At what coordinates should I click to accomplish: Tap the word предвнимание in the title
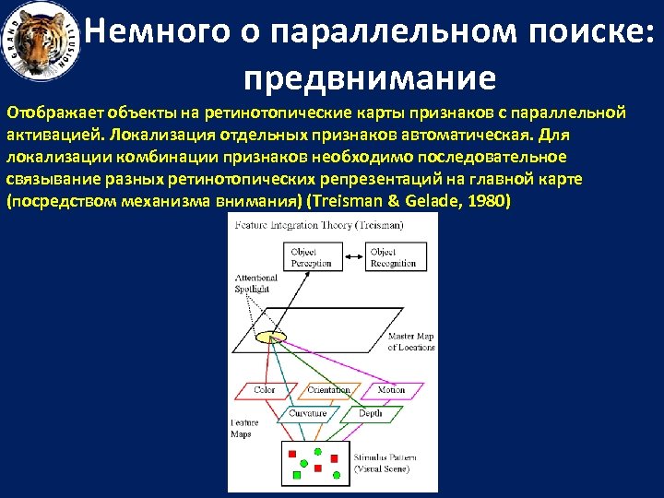[371, 77]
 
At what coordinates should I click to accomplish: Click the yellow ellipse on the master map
[267, 337]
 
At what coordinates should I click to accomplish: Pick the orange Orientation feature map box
[328, 390]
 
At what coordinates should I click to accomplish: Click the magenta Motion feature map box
[391, 390]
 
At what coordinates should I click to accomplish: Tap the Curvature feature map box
[308, 414]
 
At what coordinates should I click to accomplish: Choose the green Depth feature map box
[370, 414]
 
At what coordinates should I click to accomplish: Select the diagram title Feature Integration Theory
[318, 226]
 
